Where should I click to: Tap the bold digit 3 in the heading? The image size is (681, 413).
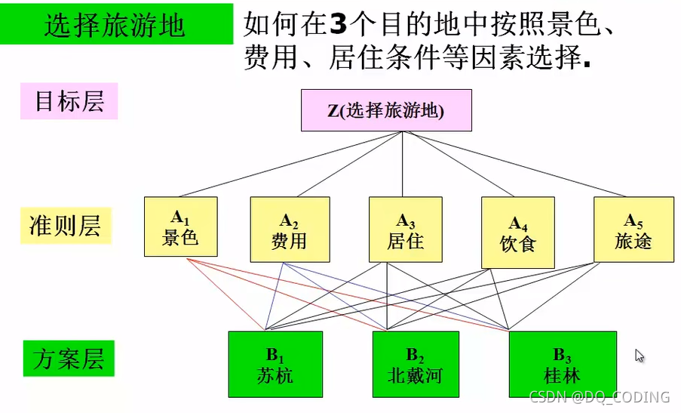point(339,24)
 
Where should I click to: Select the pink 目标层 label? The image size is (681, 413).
point(69,101)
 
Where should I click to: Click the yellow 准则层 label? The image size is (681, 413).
point(65,225)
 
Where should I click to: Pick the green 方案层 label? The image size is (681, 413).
point(68,359)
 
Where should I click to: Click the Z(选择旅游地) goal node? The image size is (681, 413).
point(386,110)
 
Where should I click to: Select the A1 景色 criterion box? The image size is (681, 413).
point(180,227)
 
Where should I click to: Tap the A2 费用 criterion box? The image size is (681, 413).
point(290,230)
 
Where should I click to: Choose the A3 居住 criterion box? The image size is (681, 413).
point(406,230)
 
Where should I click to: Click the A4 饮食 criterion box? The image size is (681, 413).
point(517,233)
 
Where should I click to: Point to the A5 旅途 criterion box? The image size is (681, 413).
point(633,230)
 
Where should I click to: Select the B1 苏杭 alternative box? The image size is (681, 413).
point(275,364)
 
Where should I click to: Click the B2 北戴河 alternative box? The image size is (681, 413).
point(415,364)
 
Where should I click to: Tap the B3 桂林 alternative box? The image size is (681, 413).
point(562,364)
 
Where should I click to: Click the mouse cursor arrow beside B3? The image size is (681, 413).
point(640,356)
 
